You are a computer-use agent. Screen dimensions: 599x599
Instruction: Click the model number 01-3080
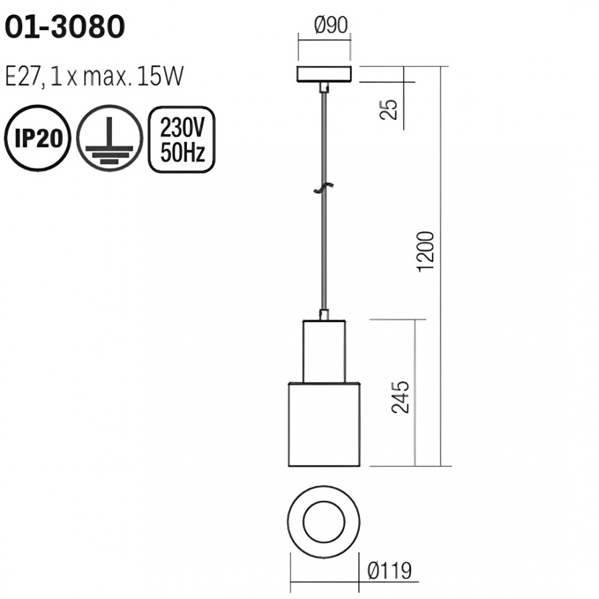[65, 27]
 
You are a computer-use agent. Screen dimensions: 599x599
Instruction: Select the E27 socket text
[22, 77]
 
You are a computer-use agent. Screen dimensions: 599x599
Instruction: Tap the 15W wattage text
[161, 76]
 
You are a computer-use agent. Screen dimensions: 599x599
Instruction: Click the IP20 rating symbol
[37, 138]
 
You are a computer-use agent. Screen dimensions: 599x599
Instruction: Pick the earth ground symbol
[110, 138]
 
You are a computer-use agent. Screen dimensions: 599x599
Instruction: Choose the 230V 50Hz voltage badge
[182, 140]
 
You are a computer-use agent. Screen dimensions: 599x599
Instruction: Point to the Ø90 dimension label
[331, 26]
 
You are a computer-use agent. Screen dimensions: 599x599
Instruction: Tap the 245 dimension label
[400, 397]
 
